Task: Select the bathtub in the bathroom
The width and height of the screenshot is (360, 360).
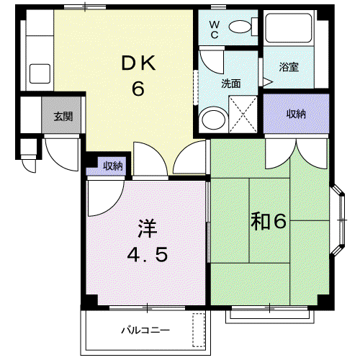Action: point(289,28)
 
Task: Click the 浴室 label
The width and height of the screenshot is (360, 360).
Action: point(289,67)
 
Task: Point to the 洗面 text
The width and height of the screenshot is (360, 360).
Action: point(231,84)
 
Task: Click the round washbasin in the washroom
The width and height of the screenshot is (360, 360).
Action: point(213,120)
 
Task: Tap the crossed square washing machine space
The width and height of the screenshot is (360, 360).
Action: point(243,114)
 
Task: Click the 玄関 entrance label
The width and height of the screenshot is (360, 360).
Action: point(63,117)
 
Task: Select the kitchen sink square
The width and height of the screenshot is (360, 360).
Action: point(40,73)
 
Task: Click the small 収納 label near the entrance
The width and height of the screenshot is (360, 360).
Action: point(113,166)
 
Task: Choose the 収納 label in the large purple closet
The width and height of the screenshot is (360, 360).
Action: point(297,114)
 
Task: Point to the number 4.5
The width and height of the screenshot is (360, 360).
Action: point(148,255)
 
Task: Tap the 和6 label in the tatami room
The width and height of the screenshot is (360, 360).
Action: point(269,221)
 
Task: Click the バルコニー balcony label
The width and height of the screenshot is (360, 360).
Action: point(145,330)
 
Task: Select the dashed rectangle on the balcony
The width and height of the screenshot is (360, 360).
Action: point(199,330)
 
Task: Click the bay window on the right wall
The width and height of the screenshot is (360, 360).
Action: point(338,220)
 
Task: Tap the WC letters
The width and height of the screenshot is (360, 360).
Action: point(215,30)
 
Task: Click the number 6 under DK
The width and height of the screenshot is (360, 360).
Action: point(138,89)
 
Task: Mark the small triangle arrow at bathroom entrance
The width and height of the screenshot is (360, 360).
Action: point(268,82)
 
